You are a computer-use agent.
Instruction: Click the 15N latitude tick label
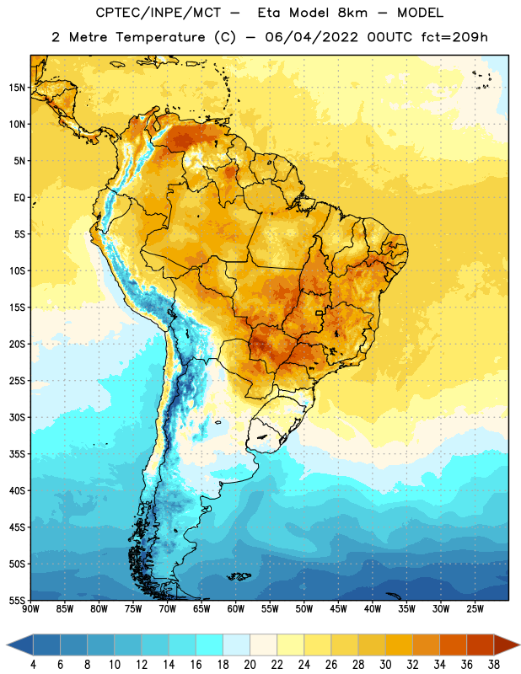point(17,88)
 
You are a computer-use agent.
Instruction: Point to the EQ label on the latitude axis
point(19,198)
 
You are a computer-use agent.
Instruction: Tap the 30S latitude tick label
point(17,417)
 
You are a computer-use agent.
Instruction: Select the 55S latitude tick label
point(17,601)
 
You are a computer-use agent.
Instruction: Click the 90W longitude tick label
point(30,609)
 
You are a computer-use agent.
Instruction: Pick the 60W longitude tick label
point(236,609)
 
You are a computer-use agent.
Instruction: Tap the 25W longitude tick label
point(475,609)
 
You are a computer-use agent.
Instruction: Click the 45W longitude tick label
point(338,609)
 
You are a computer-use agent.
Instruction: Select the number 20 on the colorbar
point(250,665)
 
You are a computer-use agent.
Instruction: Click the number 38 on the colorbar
point(493,665)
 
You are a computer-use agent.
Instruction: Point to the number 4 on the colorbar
point(33,665)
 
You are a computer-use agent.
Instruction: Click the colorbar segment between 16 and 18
point(210,645)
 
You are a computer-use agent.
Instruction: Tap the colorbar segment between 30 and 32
point(400,645)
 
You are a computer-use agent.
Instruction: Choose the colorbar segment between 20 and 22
point(264,645)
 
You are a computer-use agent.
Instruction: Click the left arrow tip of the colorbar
point(7,645)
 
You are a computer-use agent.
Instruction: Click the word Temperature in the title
point(160,38)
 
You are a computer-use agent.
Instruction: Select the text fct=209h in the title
point(454,37)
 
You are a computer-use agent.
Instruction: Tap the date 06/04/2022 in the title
point(311,37)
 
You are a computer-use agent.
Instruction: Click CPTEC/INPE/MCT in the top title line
point(158,13)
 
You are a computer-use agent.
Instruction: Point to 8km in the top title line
point(352,13)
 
